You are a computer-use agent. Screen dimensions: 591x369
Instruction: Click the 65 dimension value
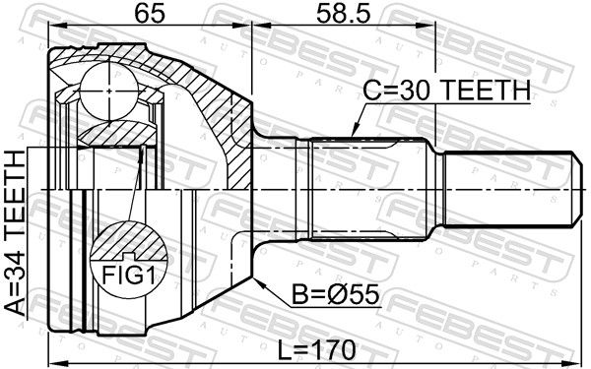tap(150, 14)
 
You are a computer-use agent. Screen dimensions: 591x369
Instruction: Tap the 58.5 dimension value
tap(344, 14)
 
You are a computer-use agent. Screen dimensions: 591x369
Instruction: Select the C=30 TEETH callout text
tap(446, 90)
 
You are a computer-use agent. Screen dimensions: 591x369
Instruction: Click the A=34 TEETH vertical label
tap(16, 232)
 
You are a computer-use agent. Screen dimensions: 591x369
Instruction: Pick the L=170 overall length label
tap(316, 349)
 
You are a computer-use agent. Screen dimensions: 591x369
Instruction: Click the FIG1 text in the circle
tap(128, 276)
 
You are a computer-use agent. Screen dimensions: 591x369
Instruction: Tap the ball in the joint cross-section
tap(109, 92)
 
